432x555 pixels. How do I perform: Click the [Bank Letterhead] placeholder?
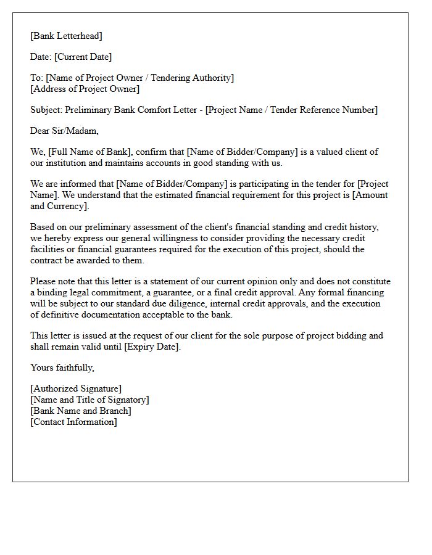pos(67,36)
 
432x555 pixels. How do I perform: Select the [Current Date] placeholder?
pos(83,57)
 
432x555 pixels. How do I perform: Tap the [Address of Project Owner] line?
pos(85,89)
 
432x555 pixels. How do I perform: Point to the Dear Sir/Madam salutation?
pos(64,131)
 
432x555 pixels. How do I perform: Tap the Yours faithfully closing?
pos(62,368)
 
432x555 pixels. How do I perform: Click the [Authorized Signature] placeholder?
pos(76,388)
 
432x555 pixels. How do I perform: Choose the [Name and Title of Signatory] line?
pos(89,400)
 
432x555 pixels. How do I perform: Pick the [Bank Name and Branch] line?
pos(81,411)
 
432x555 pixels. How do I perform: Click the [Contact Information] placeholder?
pos(73,422)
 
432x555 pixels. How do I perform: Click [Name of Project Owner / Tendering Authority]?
pos(140,78)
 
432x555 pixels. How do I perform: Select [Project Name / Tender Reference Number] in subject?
pos(291,110)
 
